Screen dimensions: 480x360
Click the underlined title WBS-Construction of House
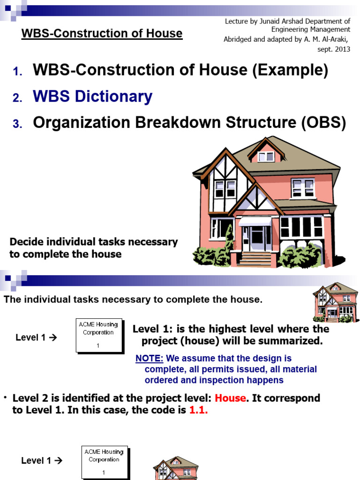tap(102, 33)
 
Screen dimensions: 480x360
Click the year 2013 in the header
tap(341, 49)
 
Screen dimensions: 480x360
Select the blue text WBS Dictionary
tap(92, 97)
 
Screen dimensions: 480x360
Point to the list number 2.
tap(17, 97)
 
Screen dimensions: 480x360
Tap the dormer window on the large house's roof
tap(266, 156)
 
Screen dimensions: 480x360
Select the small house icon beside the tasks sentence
tap(335, 302)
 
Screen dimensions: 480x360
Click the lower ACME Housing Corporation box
tap(104, 461)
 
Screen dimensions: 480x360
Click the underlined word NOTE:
tap(149, 359)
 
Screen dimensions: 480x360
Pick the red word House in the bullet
tap(230, 398)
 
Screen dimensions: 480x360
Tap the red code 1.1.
tap(198, 410)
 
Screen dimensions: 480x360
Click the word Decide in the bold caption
tap(24, 242)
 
